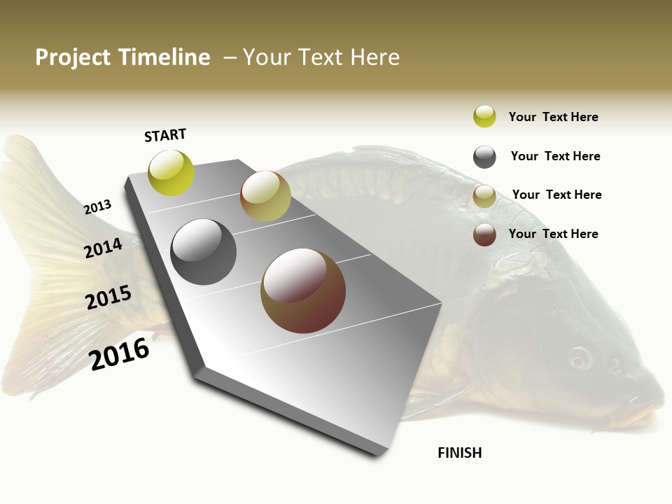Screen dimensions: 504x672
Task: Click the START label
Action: [x=165, y=135]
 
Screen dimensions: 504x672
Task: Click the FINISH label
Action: [x=459, y=453]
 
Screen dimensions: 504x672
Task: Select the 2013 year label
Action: [x=97, y=207]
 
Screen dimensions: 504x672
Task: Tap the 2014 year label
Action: [x=103, y=248]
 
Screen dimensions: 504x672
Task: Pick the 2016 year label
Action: [x=119, y=353]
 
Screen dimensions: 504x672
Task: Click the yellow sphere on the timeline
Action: [x=171, y=172]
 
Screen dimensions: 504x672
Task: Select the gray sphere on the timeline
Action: [x=203, y=252]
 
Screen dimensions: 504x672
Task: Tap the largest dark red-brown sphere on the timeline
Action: [x=303, y=290]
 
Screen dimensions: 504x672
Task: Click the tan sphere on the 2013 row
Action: [x=265, y=196]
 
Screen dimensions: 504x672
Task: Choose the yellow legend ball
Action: [x=484, y=116]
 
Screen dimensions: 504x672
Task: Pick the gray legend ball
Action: [x=484, y=157]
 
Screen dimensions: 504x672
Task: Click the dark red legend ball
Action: [x=484, y=234]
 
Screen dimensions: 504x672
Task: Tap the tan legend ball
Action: [x=484, y=196]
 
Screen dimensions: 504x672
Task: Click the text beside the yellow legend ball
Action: [x=553, y=117]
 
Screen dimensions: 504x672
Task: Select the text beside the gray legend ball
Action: [x=555, y=156]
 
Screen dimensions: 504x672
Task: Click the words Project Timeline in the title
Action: [x=122, y=57]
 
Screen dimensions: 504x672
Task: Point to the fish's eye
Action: [x=580, y=358]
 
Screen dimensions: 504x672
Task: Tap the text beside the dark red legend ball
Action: [x=553, y=234]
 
